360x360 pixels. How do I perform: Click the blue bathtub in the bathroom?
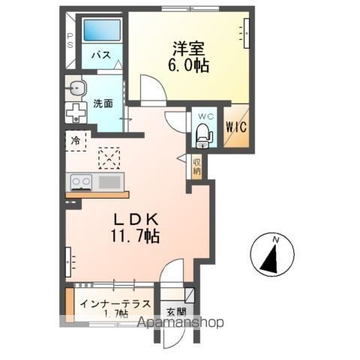point(102,30)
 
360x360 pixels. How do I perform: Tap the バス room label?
point(101,55)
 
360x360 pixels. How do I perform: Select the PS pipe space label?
point(70,40)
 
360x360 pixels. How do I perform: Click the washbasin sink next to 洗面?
point(76,88)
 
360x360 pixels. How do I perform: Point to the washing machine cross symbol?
point(76,112)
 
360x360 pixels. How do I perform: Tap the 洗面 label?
point(103,103)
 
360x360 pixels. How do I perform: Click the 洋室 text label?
point(189,48)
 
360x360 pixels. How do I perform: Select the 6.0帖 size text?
point(189,65)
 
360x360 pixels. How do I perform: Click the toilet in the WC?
point(203,136)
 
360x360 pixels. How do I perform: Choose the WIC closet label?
point(236,127)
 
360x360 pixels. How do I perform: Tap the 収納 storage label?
point(196,167)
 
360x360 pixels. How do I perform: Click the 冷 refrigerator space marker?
point(75,141)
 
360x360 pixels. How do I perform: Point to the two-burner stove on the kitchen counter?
point(81,182)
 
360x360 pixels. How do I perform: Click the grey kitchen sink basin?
point(109,182)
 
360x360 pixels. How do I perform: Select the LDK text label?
point(136,220)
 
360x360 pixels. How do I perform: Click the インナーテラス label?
point(115,304)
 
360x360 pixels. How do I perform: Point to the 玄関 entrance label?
point(176,312)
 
